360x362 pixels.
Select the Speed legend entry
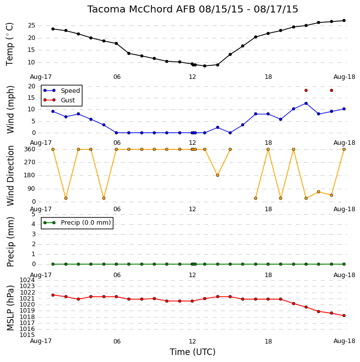click(x=61, y=90)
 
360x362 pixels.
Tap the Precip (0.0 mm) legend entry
click(x=77, y=223)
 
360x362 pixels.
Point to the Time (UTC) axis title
click(x=192, y=352)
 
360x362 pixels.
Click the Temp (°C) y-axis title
click(x=9, y=44)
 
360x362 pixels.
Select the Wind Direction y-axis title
click(x=10, y=176)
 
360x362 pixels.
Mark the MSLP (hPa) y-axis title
click(x=10, y=308)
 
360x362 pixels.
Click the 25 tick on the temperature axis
click(x=31, y=25)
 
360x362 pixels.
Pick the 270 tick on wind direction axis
click(x=30, y=162)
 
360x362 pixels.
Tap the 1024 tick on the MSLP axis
click(x=27, y=280)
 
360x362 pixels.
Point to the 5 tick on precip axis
click(x=33, y=214)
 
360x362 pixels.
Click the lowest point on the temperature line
click(x=205, y=66)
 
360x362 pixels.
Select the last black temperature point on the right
click(x=344, y=20)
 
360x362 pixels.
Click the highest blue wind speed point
click(x=306, y=103)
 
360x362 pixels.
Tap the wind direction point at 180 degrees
click(x=218, y=175)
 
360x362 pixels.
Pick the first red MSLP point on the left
click(x=53, y=295)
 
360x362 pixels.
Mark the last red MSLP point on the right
click(x=344, y=316)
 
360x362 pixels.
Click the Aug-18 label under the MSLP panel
click(x=345, y=341)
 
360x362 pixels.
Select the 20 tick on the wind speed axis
click(x=31, y=86)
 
